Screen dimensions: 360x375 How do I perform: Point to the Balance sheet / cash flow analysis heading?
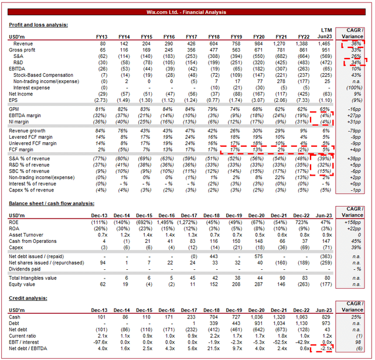56,203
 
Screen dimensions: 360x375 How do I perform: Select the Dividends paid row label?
29,268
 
